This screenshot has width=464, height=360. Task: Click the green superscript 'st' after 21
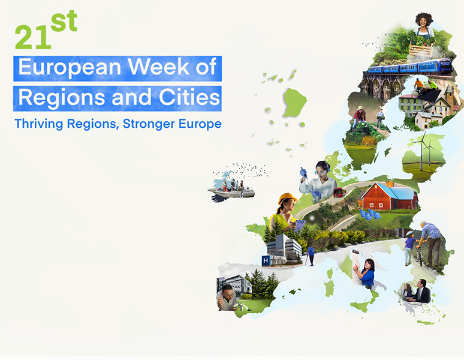64,21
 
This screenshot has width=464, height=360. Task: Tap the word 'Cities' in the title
189,97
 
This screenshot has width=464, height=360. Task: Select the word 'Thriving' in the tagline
39,124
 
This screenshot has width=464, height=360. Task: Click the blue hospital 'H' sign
266,260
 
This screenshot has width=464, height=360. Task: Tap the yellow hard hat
287,198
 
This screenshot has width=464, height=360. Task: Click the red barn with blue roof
389,196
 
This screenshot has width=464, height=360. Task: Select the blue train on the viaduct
410,67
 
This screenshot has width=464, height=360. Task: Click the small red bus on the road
339,192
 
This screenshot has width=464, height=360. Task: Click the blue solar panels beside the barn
370,214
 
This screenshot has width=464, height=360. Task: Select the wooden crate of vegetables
421,49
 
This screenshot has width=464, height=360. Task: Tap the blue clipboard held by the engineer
300,226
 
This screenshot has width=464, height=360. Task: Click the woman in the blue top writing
366,272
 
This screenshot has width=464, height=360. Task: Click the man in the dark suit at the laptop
420,292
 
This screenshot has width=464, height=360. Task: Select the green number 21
33,37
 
